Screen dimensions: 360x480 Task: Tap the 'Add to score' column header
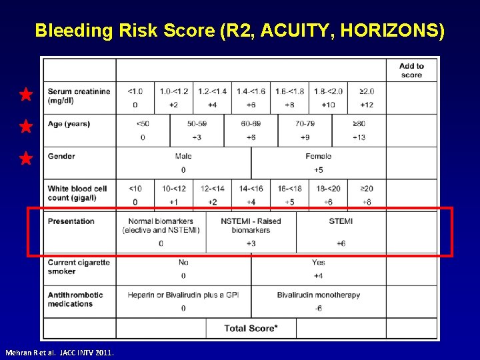411,70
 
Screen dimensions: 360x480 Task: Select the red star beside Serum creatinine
25,95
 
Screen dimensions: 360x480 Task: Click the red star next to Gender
25,159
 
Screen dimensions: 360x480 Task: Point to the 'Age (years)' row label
69,124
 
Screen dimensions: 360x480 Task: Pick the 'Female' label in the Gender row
318,157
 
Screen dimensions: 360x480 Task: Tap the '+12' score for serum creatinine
366,105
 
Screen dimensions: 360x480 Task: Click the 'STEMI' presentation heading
341,221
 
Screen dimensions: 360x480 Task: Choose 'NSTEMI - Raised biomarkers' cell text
251,225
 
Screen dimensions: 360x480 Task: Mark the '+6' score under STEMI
341,243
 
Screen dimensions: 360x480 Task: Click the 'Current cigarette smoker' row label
79,267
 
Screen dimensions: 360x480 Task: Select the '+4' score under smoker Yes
318,275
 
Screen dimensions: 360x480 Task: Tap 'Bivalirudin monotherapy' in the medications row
318,295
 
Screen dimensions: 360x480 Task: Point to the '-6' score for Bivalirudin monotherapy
318,308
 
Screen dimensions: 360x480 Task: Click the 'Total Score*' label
251,328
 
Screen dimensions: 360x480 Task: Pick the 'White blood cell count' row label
77,193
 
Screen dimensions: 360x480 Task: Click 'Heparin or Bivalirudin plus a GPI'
183,295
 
